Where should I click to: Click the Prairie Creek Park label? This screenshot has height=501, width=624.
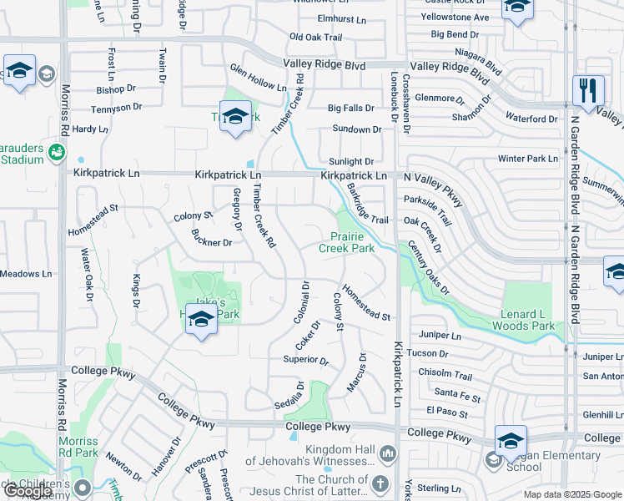point(348,242)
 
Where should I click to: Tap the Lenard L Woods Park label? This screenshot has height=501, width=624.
point(527,321)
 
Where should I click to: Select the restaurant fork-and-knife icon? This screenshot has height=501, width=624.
point(588,90)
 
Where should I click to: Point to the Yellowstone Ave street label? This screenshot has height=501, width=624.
point(455,17)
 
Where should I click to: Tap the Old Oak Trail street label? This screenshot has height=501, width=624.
point(315,38)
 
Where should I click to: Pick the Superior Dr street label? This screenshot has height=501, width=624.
point(306,360)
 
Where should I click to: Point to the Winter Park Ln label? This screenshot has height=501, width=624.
point(527,159)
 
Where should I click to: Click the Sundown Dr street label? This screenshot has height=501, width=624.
point(356,129)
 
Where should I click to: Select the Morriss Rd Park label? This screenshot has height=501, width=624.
point(79,447)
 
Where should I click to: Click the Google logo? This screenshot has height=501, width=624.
point(29,492)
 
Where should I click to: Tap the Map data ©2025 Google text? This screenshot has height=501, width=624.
point(571,494)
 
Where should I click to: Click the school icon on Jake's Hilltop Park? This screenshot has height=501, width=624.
point(201,320)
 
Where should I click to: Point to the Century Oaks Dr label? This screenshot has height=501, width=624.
point(429,267)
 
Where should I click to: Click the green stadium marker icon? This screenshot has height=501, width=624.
point(56,153)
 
